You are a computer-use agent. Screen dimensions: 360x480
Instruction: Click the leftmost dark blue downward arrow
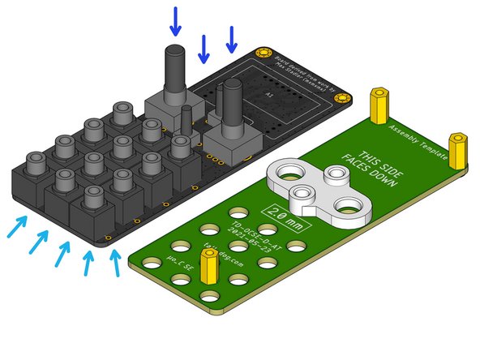click(175, 21)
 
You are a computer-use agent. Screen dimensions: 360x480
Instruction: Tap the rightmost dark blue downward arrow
click(232, 40)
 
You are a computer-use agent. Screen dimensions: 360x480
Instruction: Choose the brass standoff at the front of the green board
click(209, 267)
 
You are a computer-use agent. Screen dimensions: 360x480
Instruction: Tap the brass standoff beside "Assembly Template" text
click(379, 105)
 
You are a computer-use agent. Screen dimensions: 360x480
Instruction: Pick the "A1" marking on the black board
click(270, 96)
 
